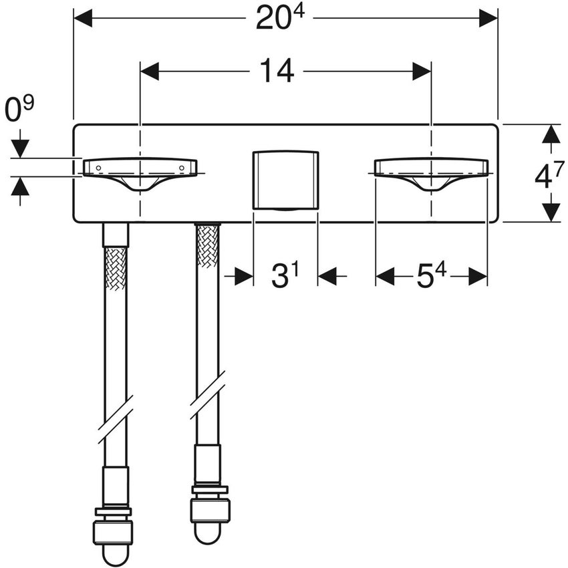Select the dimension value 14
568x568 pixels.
(x=277, y=70)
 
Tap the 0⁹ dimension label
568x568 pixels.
(x=19, y=110)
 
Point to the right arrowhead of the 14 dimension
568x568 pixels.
(x=422, y=70)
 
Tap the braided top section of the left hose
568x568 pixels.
(x=115, y=268)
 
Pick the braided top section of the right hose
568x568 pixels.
(x=207, y=247)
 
